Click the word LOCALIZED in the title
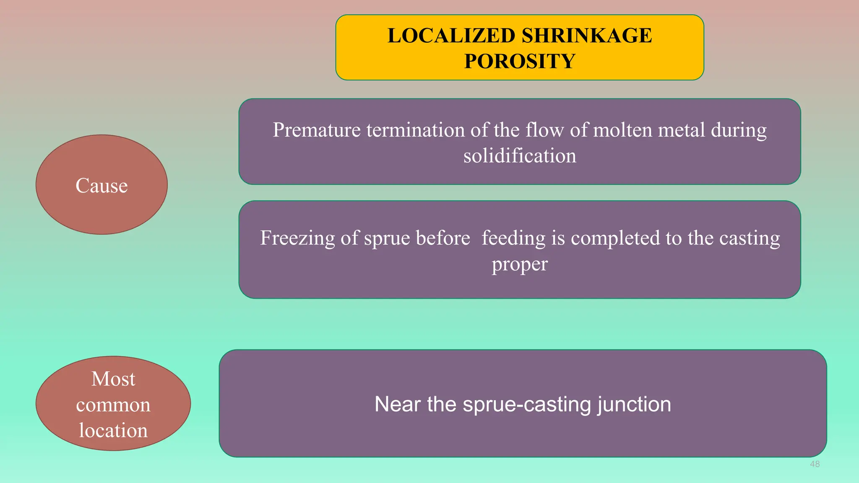(x=451, y=36)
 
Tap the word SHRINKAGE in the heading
(x=587, y=36)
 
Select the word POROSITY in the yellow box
(x=520, y=61)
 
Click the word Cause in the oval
(x=102, y=186)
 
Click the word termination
(x=415, y=130)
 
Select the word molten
(x=622, y=130)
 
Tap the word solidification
(x=520, y=156)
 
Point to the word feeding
(x=513, y=238)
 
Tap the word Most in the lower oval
(x=113, y=379)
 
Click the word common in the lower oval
(x=113, y=405)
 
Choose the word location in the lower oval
(x=113, y=431)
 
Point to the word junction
(x=634, y=405)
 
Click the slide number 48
(x=815, y=464)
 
